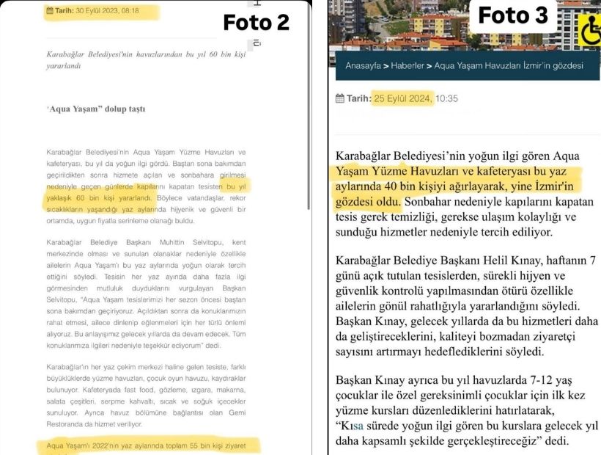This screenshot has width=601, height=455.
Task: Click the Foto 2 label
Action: coord(256,23)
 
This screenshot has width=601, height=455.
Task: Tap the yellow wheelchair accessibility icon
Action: coord(590,31)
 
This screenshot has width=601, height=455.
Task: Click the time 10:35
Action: coord(446,98)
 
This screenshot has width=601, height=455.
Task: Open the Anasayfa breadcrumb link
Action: coord(363,65)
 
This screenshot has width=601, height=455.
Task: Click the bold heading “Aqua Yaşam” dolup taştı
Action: coord(95,109)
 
